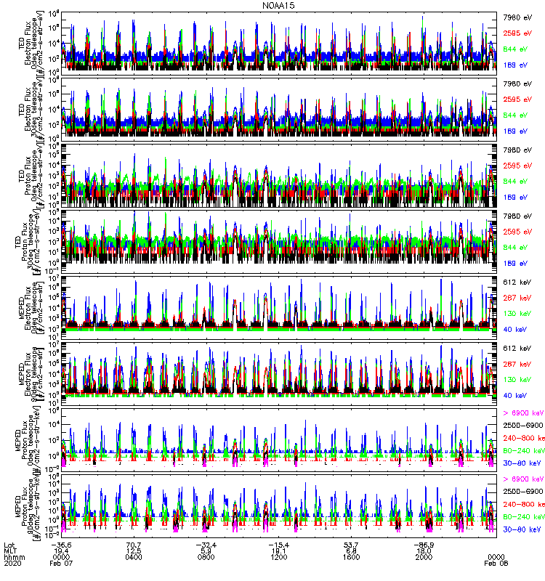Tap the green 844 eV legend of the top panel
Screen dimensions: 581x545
click(514, 49)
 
